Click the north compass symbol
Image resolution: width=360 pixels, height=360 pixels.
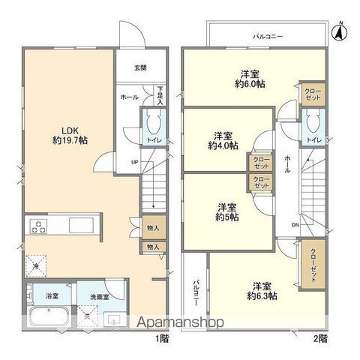[x=338, y=31]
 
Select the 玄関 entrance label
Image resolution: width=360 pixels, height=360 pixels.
[x=140, y=67]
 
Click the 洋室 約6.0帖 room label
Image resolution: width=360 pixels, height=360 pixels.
[x=251, y=79]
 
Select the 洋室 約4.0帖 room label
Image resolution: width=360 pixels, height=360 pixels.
[x=223, y=141]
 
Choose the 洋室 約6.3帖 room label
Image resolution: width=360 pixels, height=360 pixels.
[x=261, y=291]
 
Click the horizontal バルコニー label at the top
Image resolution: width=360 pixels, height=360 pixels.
[x=268, y=36]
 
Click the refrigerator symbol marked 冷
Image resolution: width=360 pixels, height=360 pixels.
[x=35, y=265]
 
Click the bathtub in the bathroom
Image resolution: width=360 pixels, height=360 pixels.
[x=50, y=314]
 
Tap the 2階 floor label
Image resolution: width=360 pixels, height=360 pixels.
[x=319, y=339]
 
